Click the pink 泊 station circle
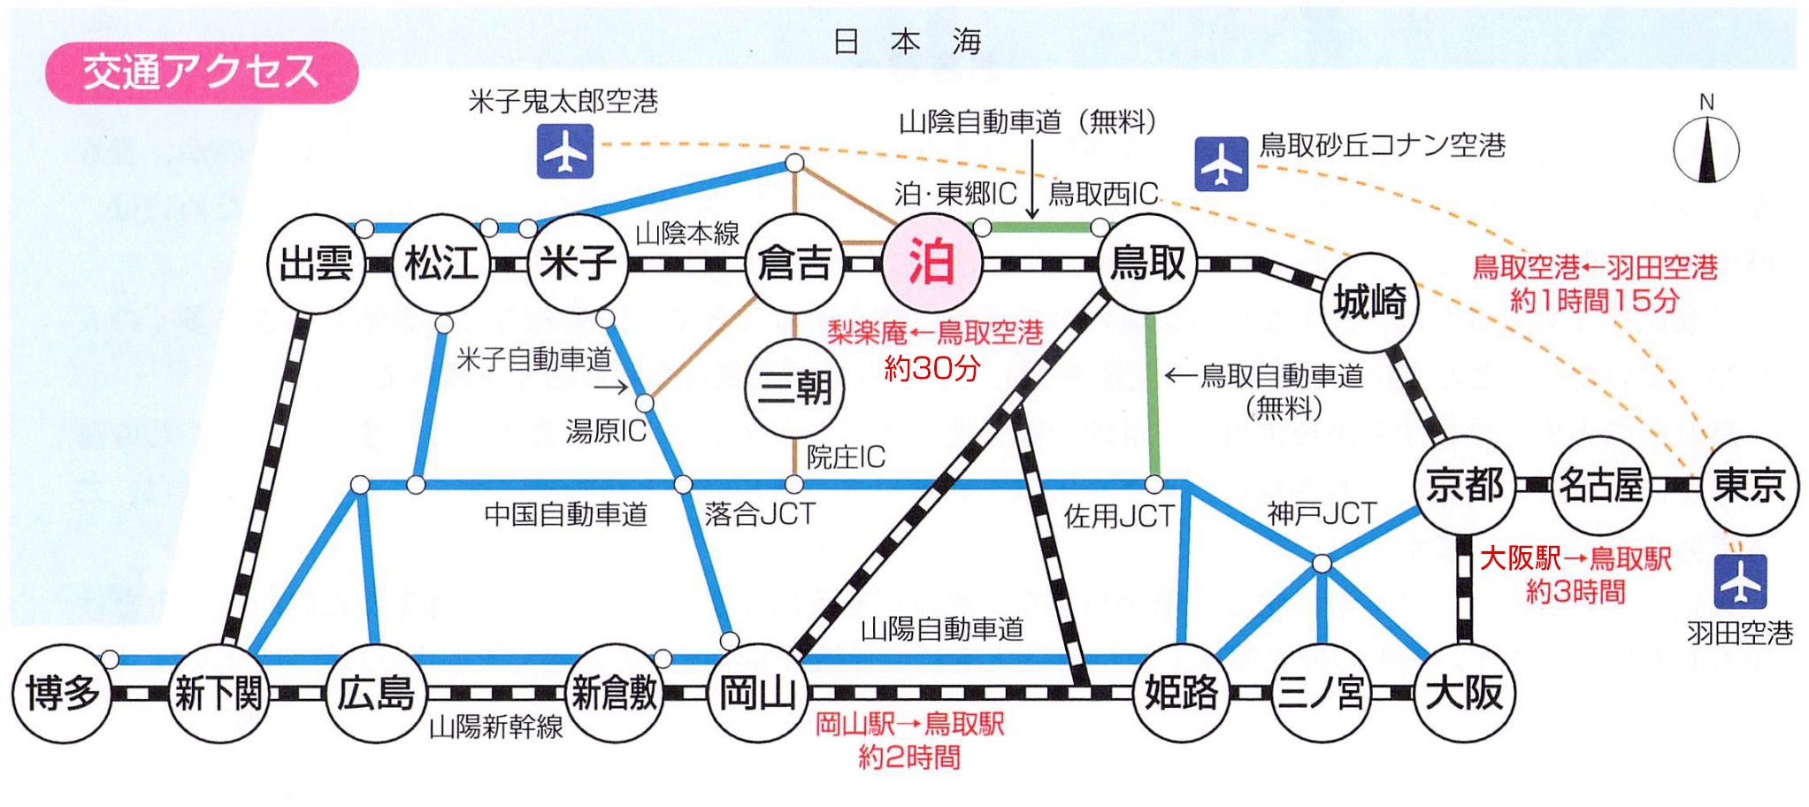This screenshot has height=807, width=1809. point(931,263)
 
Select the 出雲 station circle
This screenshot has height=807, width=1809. point(316,264)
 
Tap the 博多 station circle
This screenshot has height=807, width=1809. point(62,693)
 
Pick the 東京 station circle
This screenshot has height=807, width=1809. point(1749,485)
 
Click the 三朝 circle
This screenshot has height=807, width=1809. point(794,388)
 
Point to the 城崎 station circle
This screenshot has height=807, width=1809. point(1369,303)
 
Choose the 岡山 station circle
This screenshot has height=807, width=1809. point(758,693)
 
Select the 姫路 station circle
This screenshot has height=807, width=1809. point(1182,693)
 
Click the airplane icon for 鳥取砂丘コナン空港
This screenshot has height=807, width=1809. point(1221,165)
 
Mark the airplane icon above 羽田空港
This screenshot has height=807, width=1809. point(1740,581)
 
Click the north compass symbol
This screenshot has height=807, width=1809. point(1706,149)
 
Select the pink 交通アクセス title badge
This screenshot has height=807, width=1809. point(202,73)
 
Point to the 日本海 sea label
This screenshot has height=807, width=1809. point(907,42)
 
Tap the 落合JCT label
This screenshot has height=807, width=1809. point(759,514)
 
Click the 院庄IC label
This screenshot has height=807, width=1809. point(846,457)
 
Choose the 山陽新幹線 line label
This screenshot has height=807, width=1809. point(495,727)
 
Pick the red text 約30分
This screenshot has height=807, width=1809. point(932,367)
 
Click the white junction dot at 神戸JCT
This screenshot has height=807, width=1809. point(1322,564)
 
